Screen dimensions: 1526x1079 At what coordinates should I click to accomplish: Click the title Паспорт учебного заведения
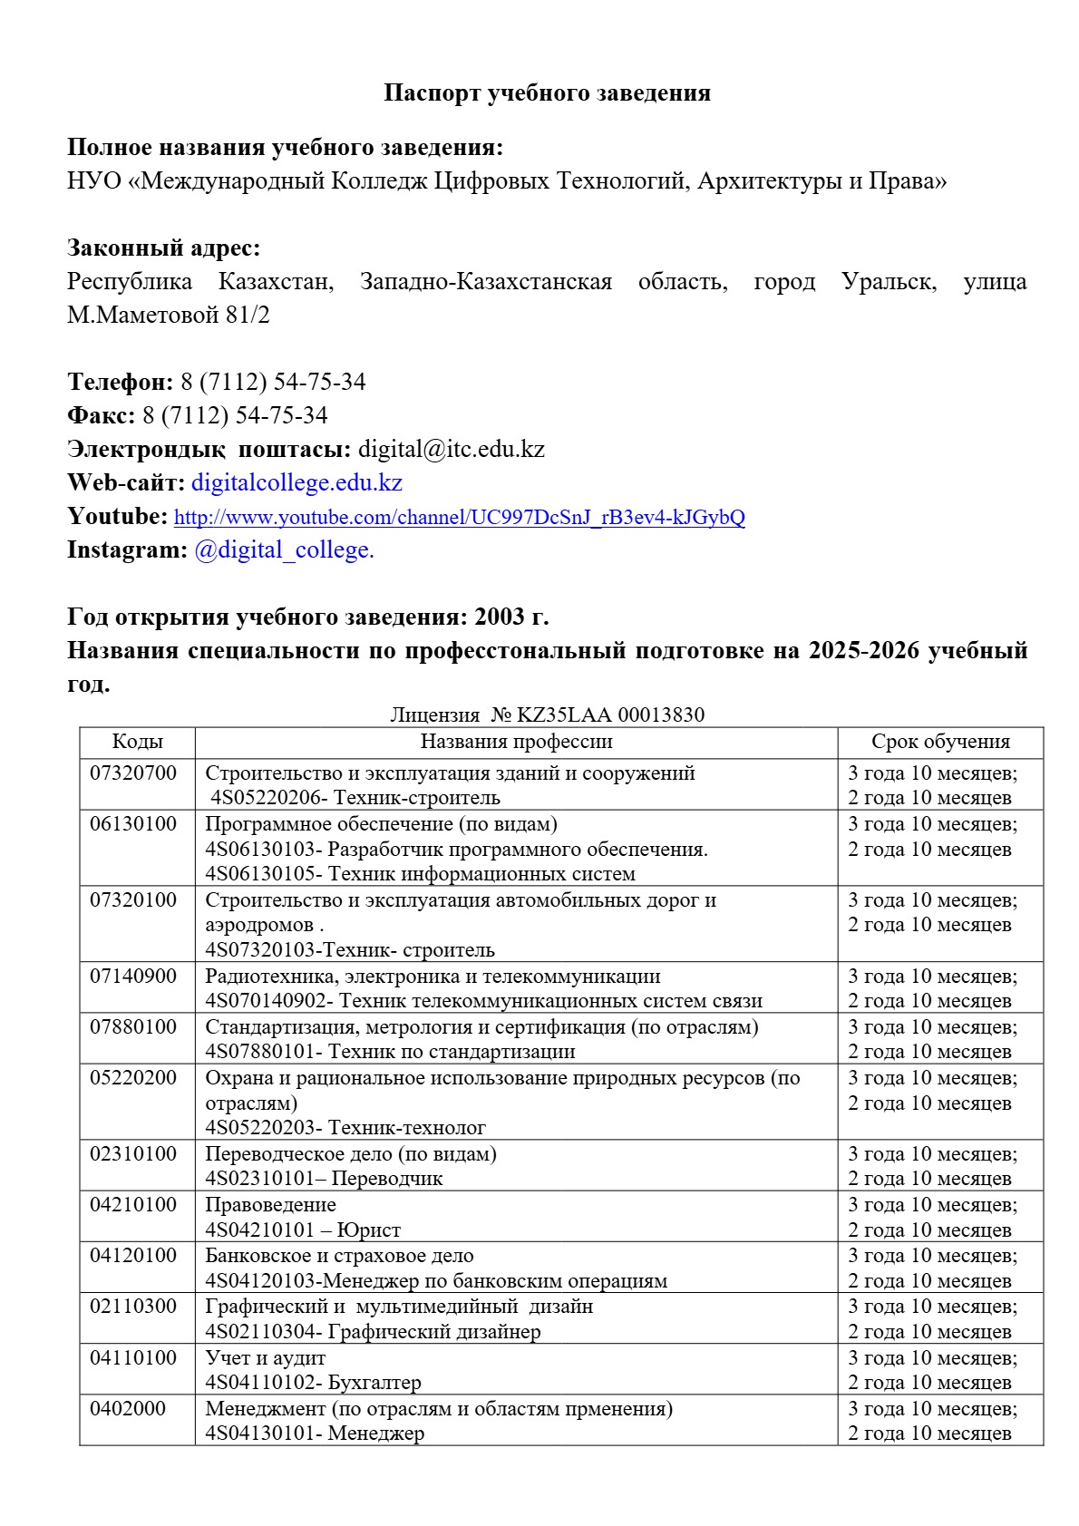point(547,92)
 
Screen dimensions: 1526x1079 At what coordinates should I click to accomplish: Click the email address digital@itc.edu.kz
point(452,449)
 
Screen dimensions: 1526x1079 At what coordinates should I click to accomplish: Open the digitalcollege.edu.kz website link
point(296,482)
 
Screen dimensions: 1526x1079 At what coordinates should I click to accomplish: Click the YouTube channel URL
point(459,518)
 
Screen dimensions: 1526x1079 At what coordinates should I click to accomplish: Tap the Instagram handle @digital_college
point(284,549)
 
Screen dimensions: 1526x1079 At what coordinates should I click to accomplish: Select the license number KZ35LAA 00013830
point(610,714)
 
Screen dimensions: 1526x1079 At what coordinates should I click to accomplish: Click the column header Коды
point(137,742)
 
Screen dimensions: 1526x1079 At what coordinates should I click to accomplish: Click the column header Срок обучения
point(940,742)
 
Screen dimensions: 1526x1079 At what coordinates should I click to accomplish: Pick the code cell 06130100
point(133,824)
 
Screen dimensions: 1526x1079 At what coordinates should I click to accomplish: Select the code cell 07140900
point(133,977)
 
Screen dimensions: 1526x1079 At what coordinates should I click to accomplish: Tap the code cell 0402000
point(128,1409)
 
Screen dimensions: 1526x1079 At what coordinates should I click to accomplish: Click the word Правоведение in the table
point(270,1205)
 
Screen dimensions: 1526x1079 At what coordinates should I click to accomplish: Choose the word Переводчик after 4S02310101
point(387,1179)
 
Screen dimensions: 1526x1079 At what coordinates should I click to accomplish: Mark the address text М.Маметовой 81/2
point(169,316)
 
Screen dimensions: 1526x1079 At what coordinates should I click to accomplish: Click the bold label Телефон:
point(120,382)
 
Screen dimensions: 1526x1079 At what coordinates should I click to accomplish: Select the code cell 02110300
point(133,1307)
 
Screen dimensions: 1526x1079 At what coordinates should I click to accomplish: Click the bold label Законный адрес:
point(163,248)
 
